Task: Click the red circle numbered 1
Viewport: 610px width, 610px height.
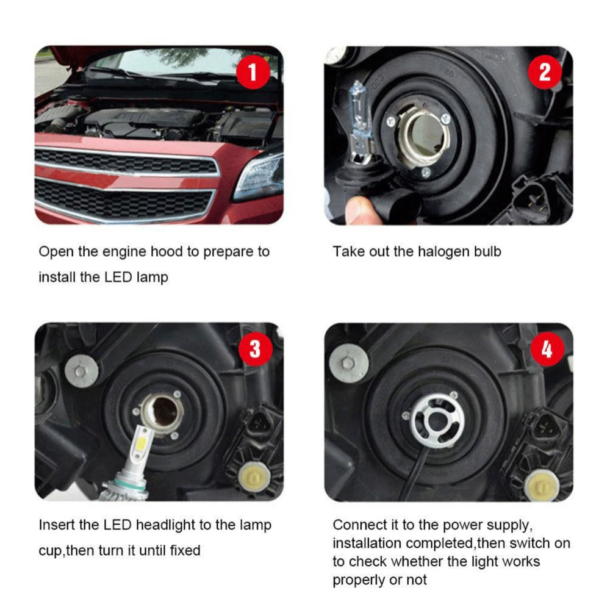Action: (x=253, y=72)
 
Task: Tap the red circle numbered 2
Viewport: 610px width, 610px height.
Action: (x=545, y=72)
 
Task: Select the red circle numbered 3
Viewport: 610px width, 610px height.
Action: (x=255, y=348)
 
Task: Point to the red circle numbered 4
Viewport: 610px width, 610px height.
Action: (x=547, y=349)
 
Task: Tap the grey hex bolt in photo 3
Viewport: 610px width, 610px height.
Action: (x=81, y=371)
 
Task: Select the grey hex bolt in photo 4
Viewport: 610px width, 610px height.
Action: (x=348, y=364)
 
